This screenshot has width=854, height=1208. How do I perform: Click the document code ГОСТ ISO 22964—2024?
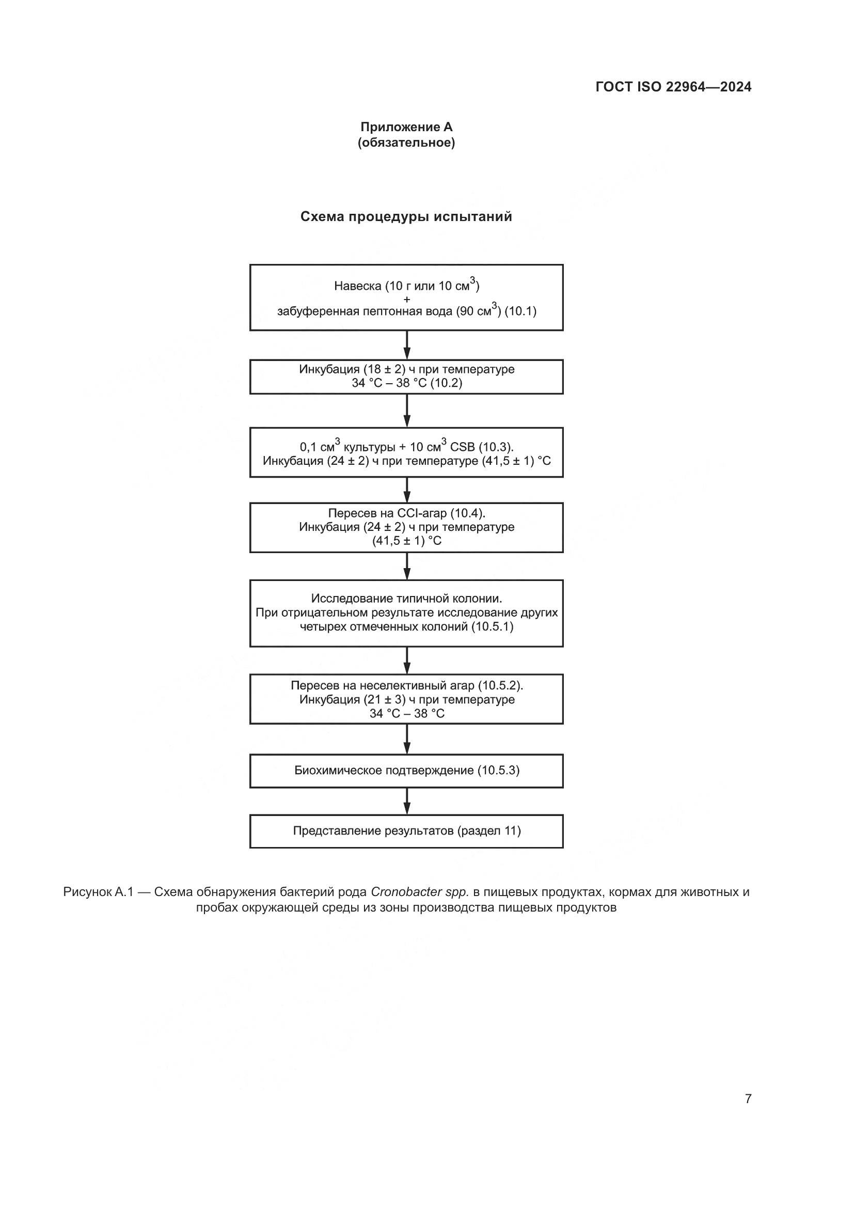[x=673, y=87]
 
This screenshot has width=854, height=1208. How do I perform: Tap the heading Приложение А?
[x=406, y=127]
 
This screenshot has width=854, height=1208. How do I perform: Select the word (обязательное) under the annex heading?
[x=406, y=143]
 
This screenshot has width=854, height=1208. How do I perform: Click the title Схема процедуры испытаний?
[x=406, y=217]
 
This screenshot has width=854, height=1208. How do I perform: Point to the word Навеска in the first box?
[x=358, y=286]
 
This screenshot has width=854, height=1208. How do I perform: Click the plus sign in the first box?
[x=406, y=299]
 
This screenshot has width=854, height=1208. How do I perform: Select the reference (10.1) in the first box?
[x=520, y=311]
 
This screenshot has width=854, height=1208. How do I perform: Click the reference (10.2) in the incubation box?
[x=446, y=383]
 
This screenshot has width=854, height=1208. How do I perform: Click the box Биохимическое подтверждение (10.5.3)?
[x=406, y=771]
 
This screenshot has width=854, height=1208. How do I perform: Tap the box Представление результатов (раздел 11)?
[x=406, y=832]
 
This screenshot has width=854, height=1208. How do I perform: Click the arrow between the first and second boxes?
[x=406, y=345]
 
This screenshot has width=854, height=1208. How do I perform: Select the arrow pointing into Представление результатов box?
[x=406, y=802]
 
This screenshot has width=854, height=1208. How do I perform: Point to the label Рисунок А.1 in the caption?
[x=98, y=892]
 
